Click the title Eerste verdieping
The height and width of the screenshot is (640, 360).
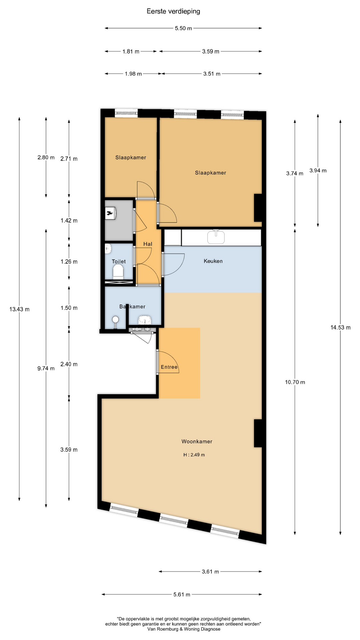click(173, 11)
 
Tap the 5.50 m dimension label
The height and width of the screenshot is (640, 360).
click(183, 28)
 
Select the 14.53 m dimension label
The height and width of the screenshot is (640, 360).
click(340, 327)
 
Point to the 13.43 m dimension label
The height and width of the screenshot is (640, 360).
click(19, 309)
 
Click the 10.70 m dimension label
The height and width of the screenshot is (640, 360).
click(295, 382)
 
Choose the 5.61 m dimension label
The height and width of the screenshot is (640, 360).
click(182, 594)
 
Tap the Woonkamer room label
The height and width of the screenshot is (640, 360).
click(197, 441)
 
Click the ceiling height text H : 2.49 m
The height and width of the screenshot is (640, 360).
click(194, 455)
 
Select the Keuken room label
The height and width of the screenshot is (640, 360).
click(213, 261)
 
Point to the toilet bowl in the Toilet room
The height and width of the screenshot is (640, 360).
click(118, 272)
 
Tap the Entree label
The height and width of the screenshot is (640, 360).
click(169, 367)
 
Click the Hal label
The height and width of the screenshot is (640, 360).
click(148, 244)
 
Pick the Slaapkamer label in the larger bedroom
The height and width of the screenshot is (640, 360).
click(210, 173)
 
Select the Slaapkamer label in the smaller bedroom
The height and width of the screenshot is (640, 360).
click(131, 157)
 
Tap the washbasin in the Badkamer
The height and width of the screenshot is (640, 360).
click(145, 320)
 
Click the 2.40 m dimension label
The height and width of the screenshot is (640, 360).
click(69, 364)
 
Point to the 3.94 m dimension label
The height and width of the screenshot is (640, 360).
click(318, 171)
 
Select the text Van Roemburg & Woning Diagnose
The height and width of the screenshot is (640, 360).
click(184, 629)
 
